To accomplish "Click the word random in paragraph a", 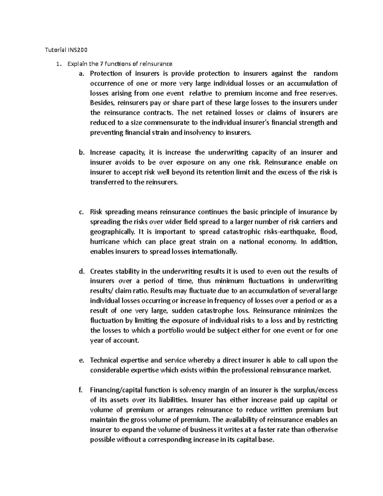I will [x=326, y=73].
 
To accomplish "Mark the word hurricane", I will [x=104, y=241].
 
